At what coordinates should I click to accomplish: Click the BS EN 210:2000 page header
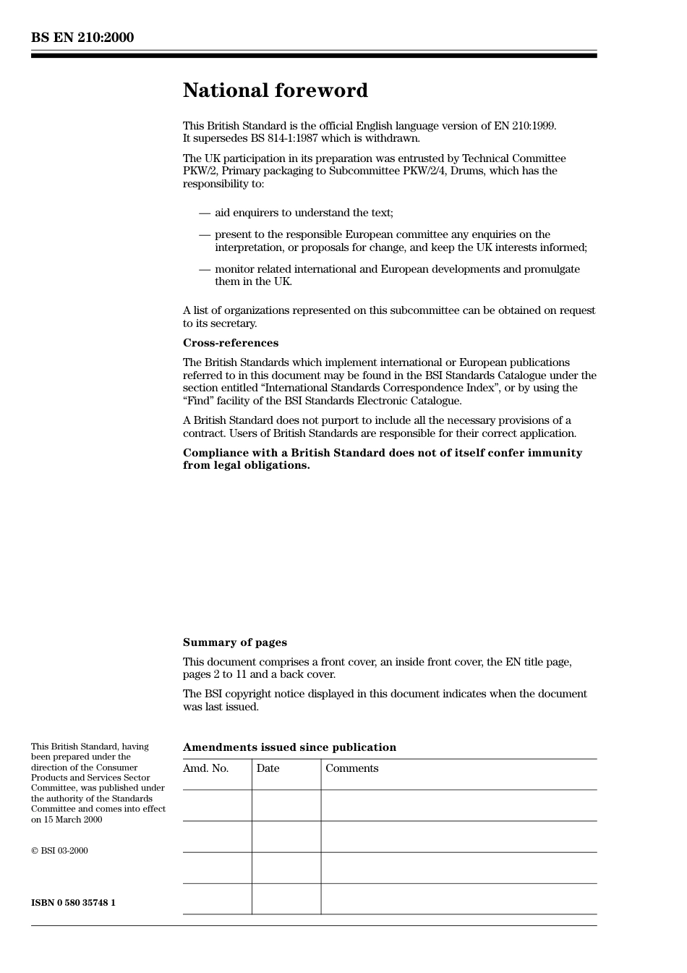coord(82,38)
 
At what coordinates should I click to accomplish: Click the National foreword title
coord(275,90)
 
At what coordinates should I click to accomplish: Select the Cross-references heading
coord(230,343)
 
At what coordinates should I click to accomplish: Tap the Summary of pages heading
coord(234,642)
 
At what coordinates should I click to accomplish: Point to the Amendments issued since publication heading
coord(289,747)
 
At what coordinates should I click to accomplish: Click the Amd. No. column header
coord(205,768)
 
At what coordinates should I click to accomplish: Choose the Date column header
coord(268,768)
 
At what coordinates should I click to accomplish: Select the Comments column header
coord(351,768)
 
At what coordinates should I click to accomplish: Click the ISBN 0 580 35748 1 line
coord(73,903)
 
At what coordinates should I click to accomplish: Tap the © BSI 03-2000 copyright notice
coord(59,851)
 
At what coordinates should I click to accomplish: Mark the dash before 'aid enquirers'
coord(205,213)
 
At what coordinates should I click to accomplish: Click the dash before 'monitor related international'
coord(205,269)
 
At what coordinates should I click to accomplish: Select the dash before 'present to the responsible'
coord(205,234)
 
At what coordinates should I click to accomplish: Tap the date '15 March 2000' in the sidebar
coord(72,820)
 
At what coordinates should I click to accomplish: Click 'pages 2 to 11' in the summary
coord(215,674)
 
